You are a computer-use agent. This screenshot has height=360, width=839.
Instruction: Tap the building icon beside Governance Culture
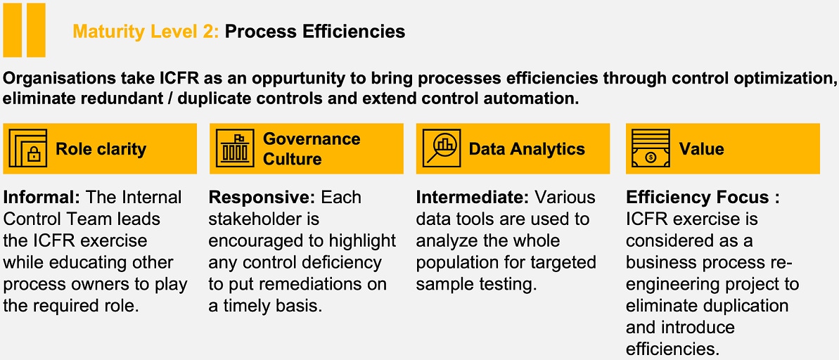[234, 148]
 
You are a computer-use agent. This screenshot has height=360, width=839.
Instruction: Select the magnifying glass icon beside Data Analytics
[441, 148]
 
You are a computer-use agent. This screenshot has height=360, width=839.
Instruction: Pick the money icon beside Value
[651, 148]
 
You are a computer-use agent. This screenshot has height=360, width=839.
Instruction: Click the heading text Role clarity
[101, 148]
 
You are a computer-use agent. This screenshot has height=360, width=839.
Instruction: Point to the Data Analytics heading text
[527, 148]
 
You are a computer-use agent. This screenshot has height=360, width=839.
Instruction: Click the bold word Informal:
[41, 197]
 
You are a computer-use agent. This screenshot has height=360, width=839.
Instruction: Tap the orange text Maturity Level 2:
[146, 32]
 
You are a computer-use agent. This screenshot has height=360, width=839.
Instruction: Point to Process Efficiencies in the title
[314, 32]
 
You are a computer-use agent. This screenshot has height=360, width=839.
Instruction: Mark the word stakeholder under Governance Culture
[264, 219]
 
